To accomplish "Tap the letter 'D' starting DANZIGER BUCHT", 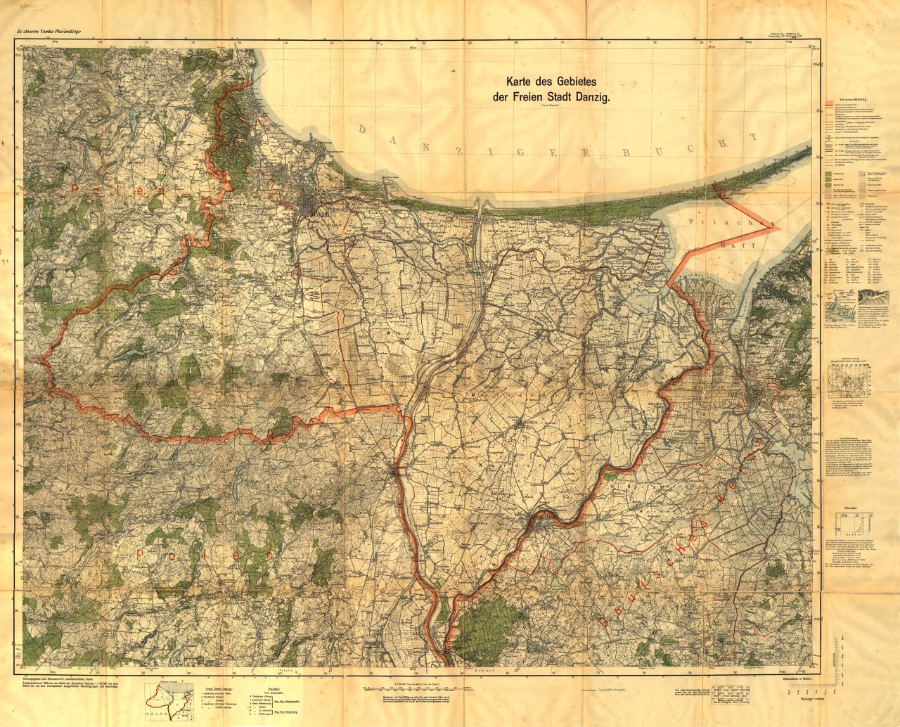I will pyautogui.click(x=363, y=129).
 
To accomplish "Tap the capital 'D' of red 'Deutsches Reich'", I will pyautogui.click(x=603, y=619).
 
